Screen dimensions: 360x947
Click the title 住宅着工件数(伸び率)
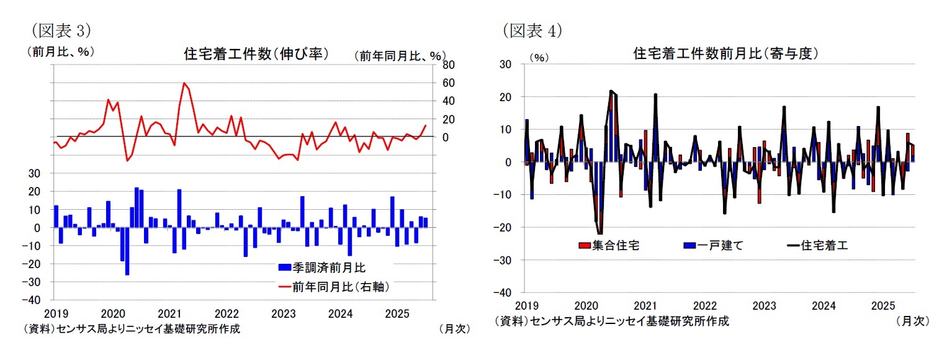coord(256,53)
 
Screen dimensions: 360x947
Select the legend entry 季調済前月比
coord(321,268)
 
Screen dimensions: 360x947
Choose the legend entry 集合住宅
coord(609,245)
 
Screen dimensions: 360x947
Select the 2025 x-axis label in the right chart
coord(882,306)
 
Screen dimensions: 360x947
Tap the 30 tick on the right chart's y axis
coord(505,64)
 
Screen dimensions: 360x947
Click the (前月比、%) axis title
coord(60,52)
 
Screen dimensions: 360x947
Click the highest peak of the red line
coord(184,83)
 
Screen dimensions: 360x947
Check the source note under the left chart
coord(132,329)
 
